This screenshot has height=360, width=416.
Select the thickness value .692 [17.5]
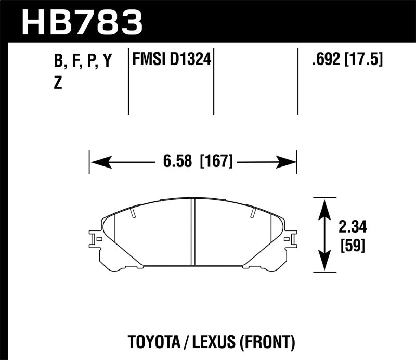[x=347, y=60]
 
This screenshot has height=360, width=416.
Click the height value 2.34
[x=352, y=227]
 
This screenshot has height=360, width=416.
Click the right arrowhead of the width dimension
[x=287, y=162]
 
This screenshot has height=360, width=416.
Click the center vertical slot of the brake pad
[x=193, y=232]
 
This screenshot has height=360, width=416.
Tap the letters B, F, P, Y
[x=83, y=61]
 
